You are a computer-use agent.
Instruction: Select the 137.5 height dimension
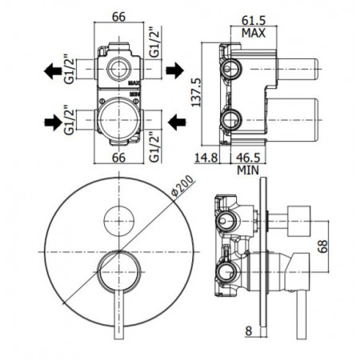click(206, 91)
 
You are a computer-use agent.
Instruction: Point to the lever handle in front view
click(118, 312)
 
